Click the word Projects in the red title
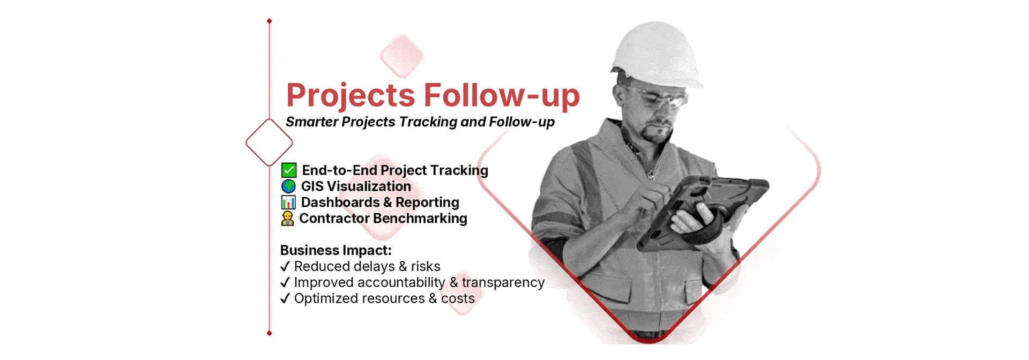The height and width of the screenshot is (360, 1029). pyautogui.click(x=351, y=96)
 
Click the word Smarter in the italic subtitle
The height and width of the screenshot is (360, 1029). pyautogui.click(x=312, y=122)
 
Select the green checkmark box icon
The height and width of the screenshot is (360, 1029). pyautogui.click(x=289, y=170)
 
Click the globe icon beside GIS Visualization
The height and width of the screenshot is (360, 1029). pyautogui.click(x=288, y=186)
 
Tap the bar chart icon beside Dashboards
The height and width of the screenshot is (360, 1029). pyautogui.click(x=288, y=202)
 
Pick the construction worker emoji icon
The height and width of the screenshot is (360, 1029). pyautogui.click(x=288, y=219)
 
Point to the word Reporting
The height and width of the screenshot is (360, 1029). pyautogui.click(x=427, y=202)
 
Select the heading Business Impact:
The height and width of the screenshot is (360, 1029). pyautogui.click(x=336, y=250)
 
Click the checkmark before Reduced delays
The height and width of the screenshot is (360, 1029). pyautogui.click(x=285, y=266)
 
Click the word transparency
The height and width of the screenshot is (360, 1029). pyautogui.click(x=503, y=282)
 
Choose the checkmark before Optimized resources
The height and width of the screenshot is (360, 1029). pyautogui.click(x=285, y=298)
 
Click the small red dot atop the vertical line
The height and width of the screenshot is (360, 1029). pyautogui.click(x=269, y=21)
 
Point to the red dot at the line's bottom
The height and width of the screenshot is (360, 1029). pyautogui.click(x=269, y=333)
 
